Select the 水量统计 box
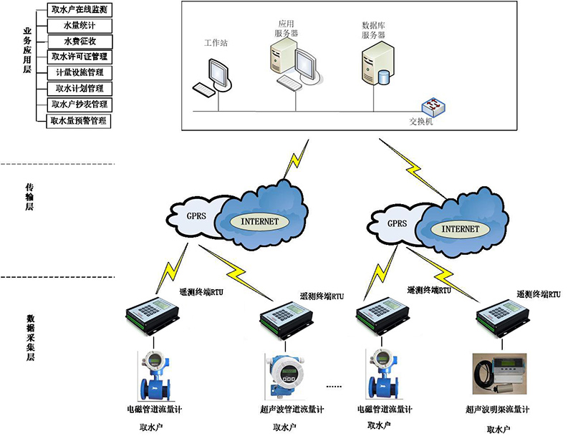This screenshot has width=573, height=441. [x=80, y=26]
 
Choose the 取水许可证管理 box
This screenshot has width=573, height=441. [x=80, y=57]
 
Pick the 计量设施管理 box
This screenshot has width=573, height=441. [x=80, y=72]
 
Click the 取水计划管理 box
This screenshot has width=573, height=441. [x=80, y=89]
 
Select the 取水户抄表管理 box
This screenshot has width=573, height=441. [x=80, y=105]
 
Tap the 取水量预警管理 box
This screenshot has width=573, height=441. [x=79, y=121]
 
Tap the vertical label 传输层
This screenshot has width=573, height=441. [x=29, y=196]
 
